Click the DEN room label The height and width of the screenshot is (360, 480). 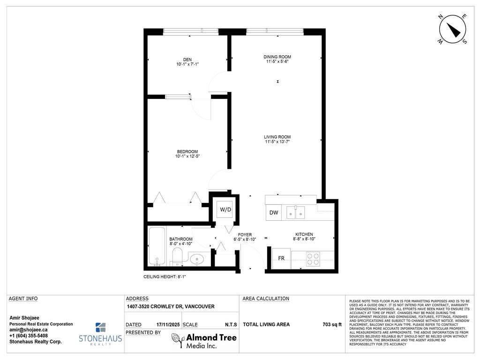[187, 60]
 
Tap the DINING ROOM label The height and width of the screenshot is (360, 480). [277, 57]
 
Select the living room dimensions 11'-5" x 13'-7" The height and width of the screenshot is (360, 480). [277, 142]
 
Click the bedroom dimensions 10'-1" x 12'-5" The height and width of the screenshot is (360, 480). [187, 156]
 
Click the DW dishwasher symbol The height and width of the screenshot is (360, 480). [274, 213]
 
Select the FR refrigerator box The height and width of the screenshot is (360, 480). [281, 259]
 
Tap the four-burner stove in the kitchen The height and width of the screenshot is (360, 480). [313, 259]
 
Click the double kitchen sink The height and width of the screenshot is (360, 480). [296, 213]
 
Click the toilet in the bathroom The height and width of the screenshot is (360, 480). [177, 256]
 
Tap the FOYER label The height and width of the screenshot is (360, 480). [245, 234]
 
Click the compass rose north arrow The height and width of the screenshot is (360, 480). [452, 30]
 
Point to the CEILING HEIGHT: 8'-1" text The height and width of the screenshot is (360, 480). [167, 277]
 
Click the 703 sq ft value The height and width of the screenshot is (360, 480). [332, 324]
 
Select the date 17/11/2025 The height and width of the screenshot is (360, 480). [167, 324]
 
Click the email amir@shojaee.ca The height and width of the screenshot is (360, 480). [29, 330]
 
